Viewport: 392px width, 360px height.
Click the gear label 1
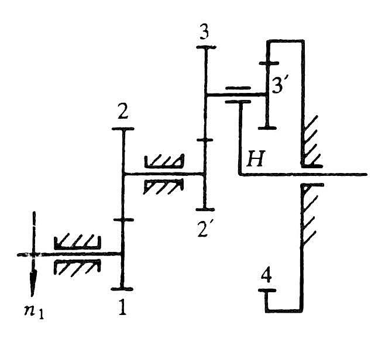tap(122, 307)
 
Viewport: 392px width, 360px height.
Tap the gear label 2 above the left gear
tap(123, 113)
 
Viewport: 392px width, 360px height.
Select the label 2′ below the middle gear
tap(203, 230)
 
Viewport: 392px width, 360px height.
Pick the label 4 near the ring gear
tap(266, 276)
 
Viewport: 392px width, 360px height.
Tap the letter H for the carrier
tap(255, 158)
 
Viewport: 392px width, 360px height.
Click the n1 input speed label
tap(34, 311)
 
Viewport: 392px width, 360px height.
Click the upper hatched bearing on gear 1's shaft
tap(77, 242)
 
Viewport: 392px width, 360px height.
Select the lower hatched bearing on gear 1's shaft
tap(77, 267)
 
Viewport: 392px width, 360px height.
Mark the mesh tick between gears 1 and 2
tap(123, 220)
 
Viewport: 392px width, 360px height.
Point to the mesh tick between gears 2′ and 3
tap(205, 140)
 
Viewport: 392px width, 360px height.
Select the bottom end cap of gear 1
tap(122, 289)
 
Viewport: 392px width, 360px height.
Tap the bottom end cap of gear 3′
tap(267, 128)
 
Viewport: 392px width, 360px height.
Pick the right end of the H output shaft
tap(366, 174)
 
